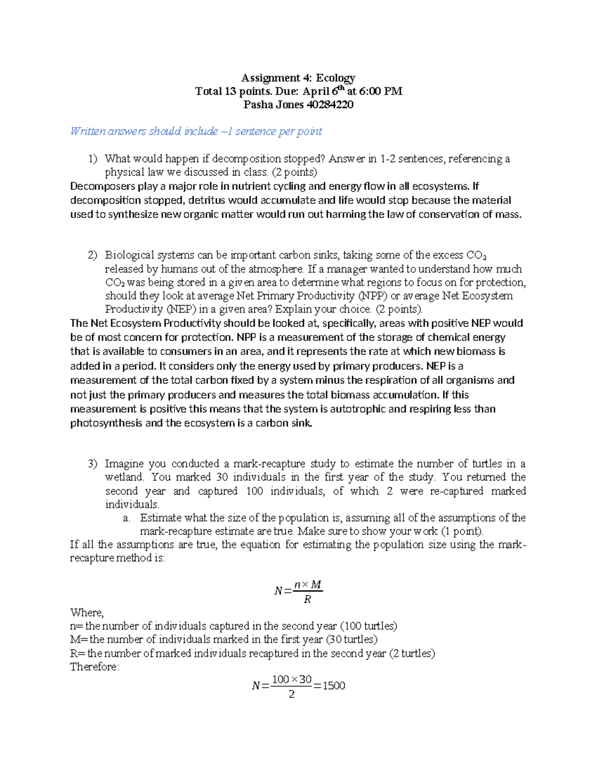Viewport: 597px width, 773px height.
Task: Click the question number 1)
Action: pos(93,159)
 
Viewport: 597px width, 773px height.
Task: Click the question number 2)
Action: pos(93,255)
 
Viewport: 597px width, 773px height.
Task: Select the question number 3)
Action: pos(93,464)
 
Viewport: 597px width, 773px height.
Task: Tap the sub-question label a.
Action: pos(127,518)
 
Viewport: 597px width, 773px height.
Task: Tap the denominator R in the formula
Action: pos(307,600)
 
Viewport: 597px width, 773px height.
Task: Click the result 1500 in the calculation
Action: pos(334,686)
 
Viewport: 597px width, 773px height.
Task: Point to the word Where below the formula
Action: pos(87,613)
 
